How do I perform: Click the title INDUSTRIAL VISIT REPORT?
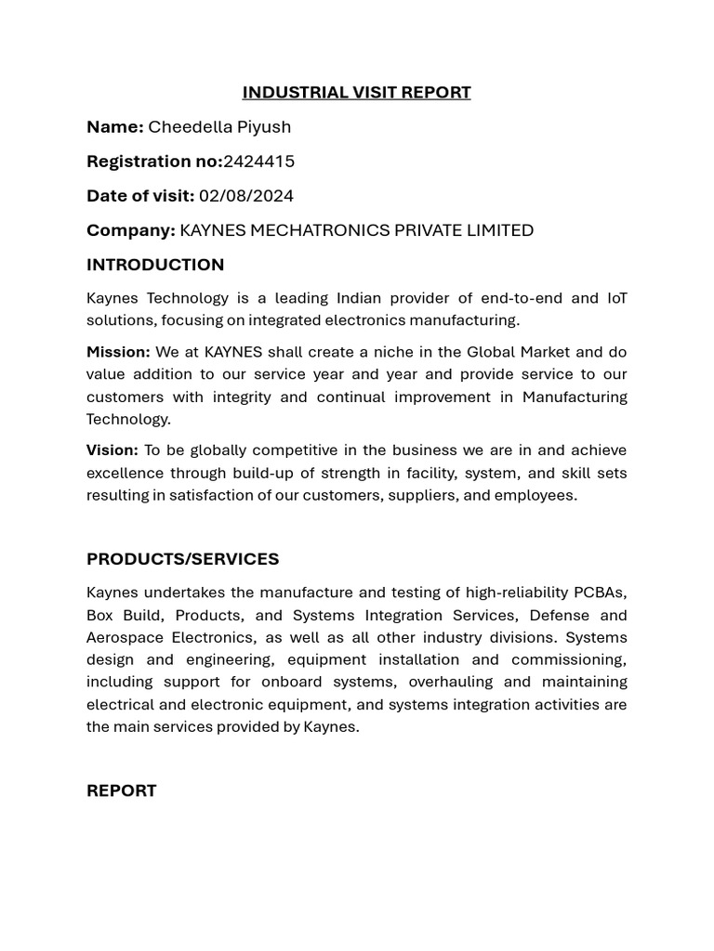pyautogui.click(x=356, y=92)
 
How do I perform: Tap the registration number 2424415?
pyautogui.click(x=258, y=161)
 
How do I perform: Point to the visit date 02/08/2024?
pyautogui.click(x=245, y=195)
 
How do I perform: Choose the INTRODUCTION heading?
pyautogui.click(x=155, y=265)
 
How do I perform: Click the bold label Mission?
pyautogui.click(x=118, y=352)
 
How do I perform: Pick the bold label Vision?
pyautogui.click(x=112, y=450)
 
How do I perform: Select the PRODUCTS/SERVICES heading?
pyautogui.click(x=182, y=559)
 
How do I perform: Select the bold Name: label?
pyautogui.click(x=114, y=126)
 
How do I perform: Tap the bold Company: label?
pyautogui.click(x=130, y=229)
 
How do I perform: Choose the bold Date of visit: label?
pyautogui.click(x=139, y=195)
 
